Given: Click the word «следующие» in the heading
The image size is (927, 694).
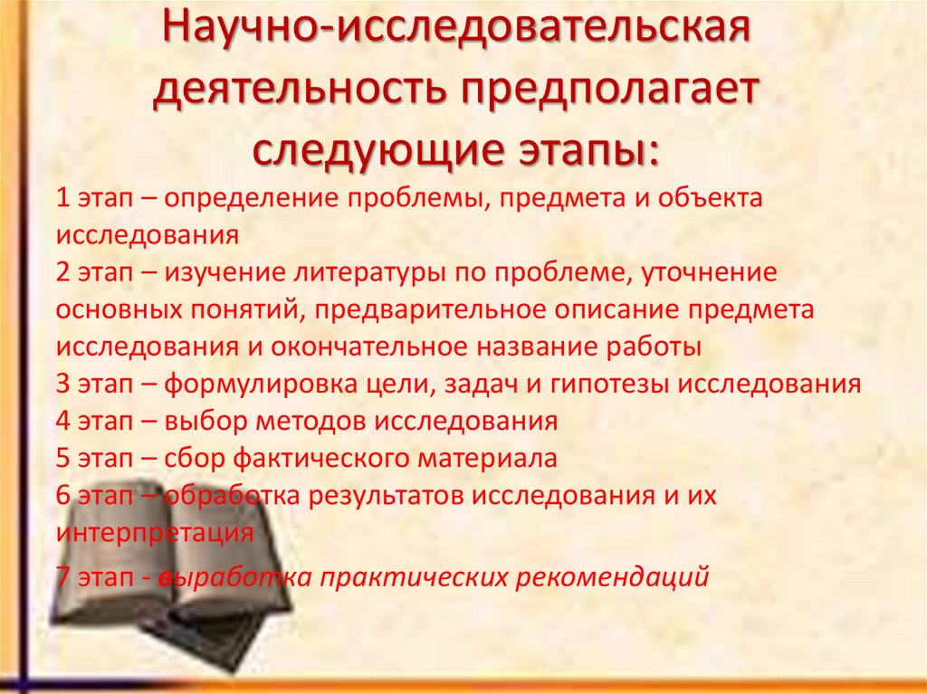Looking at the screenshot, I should [368, 149].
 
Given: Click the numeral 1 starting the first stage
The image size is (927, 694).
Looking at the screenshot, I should [62, 199].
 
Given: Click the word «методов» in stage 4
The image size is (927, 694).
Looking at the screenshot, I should [308, 422].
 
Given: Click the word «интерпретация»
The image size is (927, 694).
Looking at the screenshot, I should [154, 533].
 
